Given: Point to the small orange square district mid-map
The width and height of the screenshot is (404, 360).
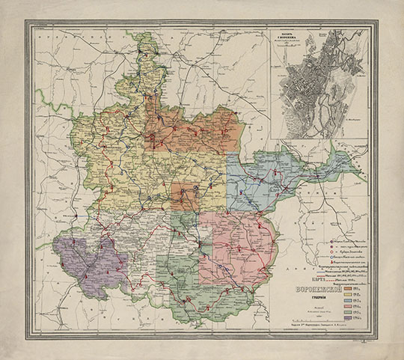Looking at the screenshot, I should pos(184,196).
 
